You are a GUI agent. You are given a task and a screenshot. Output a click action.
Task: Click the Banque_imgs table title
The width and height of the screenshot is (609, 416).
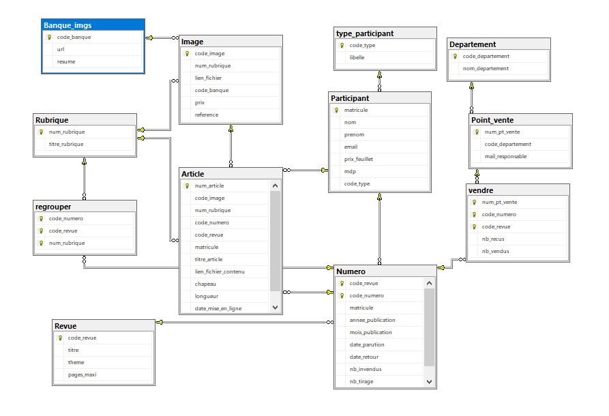click(x=68, y=25)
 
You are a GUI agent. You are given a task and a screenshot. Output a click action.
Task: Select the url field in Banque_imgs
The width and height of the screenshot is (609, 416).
click(x=61, y=49)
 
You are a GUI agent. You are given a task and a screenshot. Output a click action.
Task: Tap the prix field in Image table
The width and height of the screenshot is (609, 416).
click(x=200, y=102)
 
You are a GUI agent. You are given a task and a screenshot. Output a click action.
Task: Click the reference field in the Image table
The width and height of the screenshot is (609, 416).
click(x=207, y=115)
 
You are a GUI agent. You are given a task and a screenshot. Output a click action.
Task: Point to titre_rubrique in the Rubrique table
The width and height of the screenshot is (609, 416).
click(x=66, y=144)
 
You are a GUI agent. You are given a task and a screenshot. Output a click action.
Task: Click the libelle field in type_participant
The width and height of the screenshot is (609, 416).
click(x=357, y=57)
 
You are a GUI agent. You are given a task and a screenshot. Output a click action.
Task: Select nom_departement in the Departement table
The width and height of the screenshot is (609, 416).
click(x=486, y=68)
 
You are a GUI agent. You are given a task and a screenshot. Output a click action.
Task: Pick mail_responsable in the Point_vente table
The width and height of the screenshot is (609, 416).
click(x=506, y=157)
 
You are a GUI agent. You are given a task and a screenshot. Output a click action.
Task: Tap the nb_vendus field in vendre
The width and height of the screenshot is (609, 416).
click(x=496, y=252)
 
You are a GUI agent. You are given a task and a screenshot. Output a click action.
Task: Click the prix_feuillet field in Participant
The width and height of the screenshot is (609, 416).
click(x=359, y=160)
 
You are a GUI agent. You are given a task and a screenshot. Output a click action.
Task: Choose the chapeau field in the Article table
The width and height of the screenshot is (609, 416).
click(x=205, y=284)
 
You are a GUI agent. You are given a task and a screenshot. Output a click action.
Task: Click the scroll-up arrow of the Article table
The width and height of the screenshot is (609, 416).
click(x=275, y=185)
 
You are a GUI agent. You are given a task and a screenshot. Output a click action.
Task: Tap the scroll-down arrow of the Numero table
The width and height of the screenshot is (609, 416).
click(x=429, y=382)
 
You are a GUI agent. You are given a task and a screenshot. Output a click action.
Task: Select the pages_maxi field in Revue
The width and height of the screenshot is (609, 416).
click(x=82, y=375)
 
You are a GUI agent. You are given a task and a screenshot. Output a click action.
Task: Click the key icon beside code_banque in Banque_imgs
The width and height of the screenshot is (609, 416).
click(x=49, y=38)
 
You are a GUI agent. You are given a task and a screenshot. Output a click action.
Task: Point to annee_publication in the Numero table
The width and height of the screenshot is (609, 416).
click(x=372, y=320)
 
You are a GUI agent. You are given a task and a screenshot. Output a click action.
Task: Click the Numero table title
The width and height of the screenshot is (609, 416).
click(x=351, y=271)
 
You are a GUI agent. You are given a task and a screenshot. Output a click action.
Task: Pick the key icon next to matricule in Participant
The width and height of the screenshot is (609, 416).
click(x=336, y=110)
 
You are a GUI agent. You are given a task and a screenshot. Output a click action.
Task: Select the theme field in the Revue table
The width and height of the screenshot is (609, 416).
click(x=76, y=362)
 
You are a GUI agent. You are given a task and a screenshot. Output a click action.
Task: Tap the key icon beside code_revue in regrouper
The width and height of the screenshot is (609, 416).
click(x=41, y=231)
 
